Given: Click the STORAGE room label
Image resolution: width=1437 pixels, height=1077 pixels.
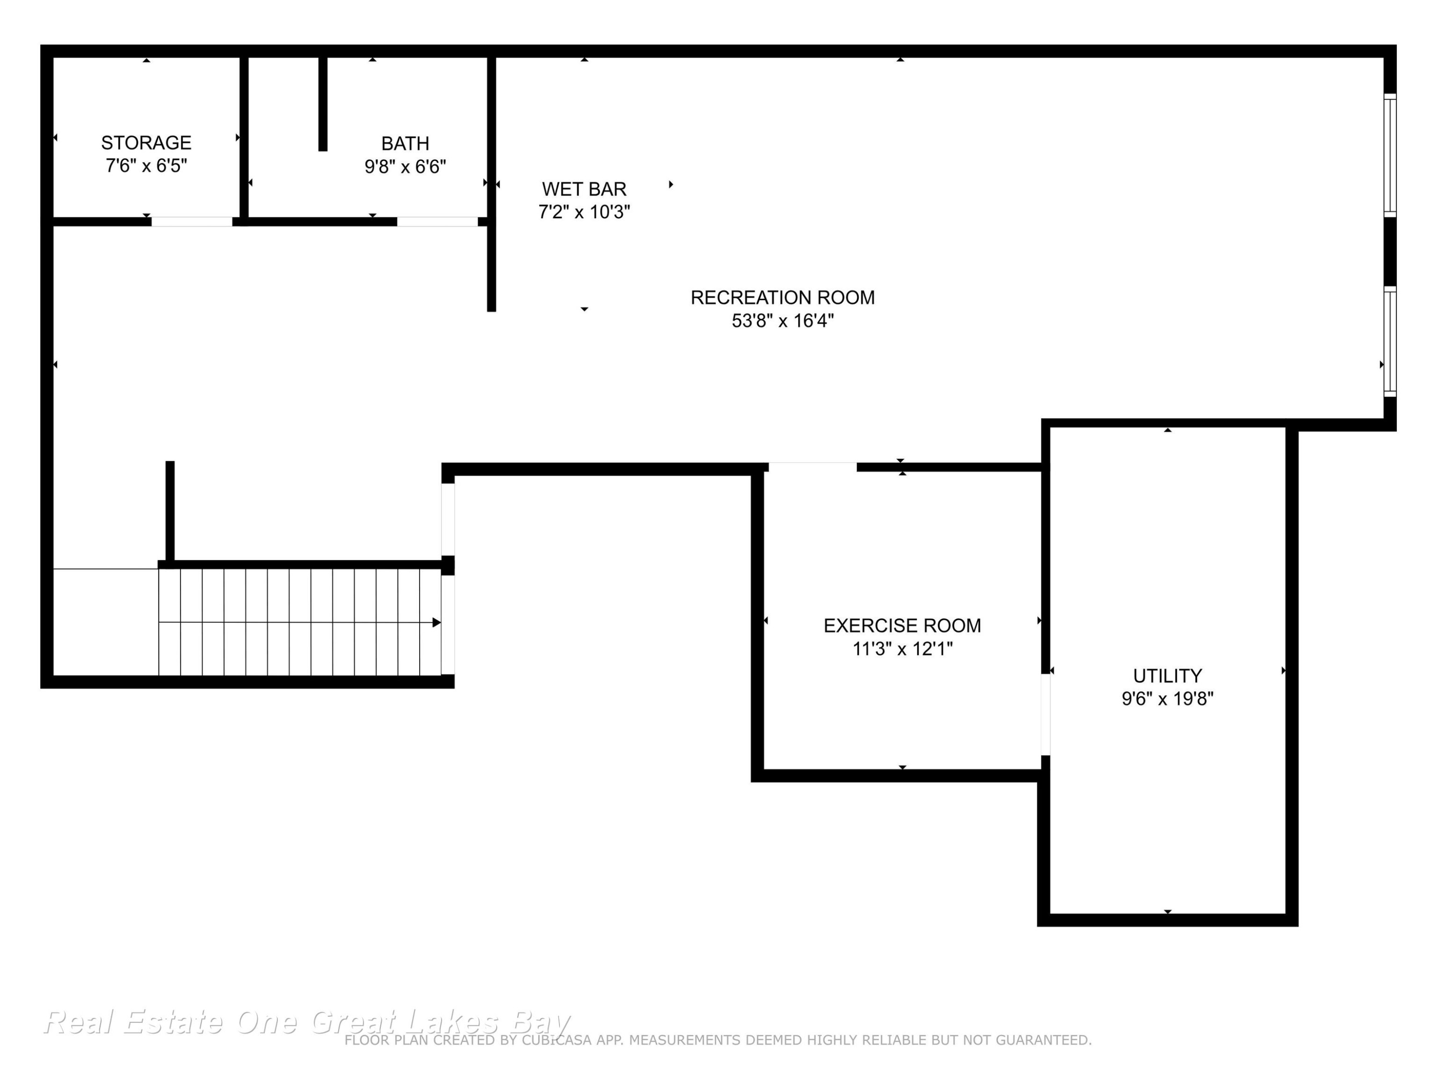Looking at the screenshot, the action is (146, 143).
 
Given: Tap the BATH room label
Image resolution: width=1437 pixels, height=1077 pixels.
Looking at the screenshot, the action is (405, 144).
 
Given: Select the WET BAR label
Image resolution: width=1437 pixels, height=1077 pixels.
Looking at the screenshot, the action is (584, 189).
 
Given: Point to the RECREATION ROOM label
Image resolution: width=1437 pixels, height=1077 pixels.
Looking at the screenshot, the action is (782, 297).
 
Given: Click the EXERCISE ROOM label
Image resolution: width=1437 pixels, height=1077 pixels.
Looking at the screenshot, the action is (902, 625).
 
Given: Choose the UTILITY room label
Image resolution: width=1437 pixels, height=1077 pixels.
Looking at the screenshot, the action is (1167, 676).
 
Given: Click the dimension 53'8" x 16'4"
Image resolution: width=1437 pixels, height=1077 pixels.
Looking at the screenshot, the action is (782, 321).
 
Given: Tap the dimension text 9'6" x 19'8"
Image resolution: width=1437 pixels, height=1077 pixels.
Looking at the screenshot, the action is (1167, 698).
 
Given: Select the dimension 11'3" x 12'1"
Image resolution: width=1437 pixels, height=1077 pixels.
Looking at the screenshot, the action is (902, 649).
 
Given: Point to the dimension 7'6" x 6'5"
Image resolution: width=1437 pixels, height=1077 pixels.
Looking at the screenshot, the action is (146, 166).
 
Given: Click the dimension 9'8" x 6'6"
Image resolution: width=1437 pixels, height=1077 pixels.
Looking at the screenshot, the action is (405, 167).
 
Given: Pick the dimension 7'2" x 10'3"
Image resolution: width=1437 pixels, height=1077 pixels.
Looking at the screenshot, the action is (584, 212).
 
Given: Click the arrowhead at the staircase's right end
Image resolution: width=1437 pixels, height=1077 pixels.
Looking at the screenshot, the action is (436, 623).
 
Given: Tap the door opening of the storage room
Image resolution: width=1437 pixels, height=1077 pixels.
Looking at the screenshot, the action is (192, 221).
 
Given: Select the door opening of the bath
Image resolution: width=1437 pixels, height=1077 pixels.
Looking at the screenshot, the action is (437, 221).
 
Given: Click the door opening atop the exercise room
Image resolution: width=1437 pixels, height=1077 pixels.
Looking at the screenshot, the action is (813, 467).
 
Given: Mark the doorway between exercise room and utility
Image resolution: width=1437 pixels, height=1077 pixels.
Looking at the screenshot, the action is (1045, 715).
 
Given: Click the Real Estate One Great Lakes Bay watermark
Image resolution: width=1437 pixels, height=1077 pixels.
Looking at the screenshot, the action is (307, 1022).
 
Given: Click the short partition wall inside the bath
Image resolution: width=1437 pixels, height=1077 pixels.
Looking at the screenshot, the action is (323, 104).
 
